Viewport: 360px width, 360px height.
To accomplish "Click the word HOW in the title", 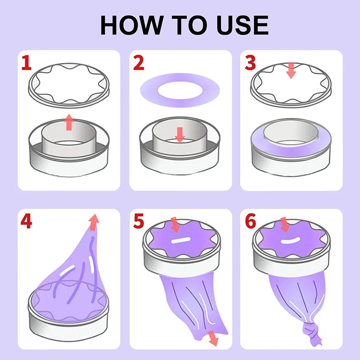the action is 131,25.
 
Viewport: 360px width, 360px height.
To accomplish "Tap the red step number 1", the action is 26,63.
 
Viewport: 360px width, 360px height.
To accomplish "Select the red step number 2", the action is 139,63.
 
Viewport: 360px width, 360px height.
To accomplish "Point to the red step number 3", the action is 250,63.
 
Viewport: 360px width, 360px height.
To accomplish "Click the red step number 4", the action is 26,221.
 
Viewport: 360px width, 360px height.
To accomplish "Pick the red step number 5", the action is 139,221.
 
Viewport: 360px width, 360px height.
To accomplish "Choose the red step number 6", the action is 250,221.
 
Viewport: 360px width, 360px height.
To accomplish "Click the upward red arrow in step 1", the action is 69,122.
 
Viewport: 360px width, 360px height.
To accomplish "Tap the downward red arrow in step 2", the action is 180,135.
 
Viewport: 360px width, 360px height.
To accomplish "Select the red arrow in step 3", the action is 291,70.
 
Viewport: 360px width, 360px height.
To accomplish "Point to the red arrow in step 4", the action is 94,222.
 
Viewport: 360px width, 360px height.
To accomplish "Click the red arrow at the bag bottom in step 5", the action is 213,338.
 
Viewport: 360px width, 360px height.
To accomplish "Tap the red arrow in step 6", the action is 285,225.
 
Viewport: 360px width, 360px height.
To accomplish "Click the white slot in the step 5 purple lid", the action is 181,240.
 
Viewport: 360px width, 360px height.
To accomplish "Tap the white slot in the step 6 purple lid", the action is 290,240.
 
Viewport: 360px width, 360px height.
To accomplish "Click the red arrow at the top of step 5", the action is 175,225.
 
